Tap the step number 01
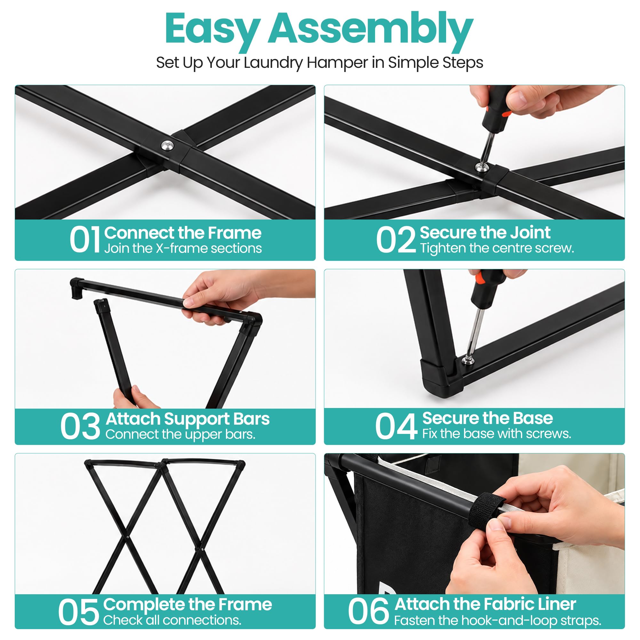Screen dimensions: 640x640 (x=85, y=239)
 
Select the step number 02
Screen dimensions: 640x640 (x=396, y=239)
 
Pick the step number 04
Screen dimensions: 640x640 (x=396, y=426)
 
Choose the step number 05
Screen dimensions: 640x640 (x=78, y=612)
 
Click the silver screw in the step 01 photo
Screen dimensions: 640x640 (x=167, y=145)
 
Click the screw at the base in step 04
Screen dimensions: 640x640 (x=468, y=360)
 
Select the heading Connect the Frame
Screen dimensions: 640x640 (x=183, y=233)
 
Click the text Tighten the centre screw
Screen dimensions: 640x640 (x=497, y=248)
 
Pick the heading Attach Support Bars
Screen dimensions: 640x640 (x=188, y=419)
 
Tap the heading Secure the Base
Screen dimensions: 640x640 (x=488, y=418)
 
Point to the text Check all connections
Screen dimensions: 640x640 (x=172, y=620)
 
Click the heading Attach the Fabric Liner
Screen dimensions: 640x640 (x=485, y=604)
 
